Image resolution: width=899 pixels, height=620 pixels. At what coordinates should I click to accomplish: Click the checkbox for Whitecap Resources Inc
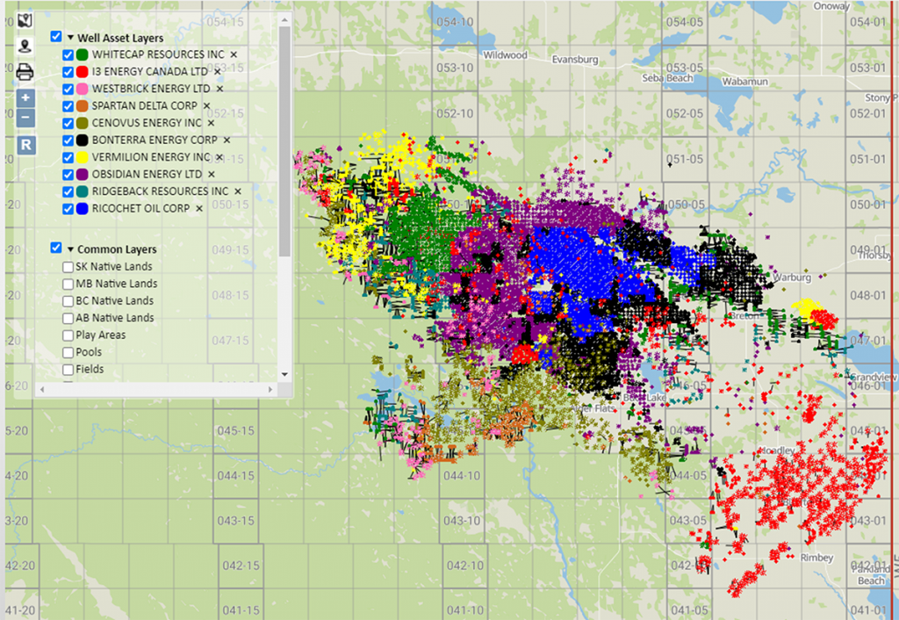(x=68, y=54)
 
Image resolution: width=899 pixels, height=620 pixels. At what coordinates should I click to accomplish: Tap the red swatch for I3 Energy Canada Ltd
(x=83, y=72)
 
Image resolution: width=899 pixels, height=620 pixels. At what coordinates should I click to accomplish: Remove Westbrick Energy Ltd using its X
(x=219, y=89)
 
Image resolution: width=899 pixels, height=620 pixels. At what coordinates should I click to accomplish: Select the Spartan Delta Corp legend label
(x=144, y=105)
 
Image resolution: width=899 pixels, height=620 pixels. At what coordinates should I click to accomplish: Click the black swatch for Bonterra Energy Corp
(x=83, y=140)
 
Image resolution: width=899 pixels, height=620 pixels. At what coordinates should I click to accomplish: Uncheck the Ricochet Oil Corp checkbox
(x=68, y=208)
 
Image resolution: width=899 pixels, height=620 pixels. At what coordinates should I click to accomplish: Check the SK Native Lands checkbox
(x=68, y=267)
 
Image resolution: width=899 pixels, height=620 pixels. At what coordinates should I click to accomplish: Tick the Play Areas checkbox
(x=68, y=335)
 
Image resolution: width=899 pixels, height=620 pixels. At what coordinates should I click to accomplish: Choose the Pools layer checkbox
(x=68, y=352)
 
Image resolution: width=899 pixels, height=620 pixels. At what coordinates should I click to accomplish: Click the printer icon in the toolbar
(x=25, y=72)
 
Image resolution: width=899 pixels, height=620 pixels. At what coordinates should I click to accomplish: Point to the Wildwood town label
(x=505, y=55)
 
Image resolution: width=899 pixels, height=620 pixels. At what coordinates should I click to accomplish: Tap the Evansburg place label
(x=575, y=60)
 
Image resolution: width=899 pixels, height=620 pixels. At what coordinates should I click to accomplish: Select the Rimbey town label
(x=816, y=557)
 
